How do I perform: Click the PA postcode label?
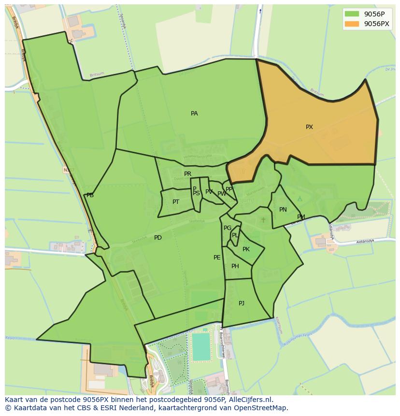[194, 114]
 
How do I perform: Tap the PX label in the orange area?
[309, 127]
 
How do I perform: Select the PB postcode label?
[90, 195]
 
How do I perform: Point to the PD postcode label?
[158, 238]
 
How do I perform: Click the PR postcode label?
[187, 174]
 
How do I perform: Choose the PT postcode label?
[176, 202]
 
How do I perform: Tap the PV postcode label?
[209, 192]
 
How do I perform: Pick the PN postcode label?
[283, 210]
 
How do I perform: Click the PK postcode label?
[246, 249]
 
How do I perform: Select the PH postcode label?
[235, 266]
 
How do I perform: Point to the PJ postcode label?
[242, 303]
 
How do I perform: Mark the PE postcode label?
[217, 258]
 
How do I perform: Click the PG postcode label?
[228, 228]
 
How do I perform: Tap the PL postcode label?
[235, 235]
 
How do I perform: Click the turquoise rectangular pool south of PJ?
[201, 347]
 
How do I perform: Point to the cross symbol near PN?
[263, 220]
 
